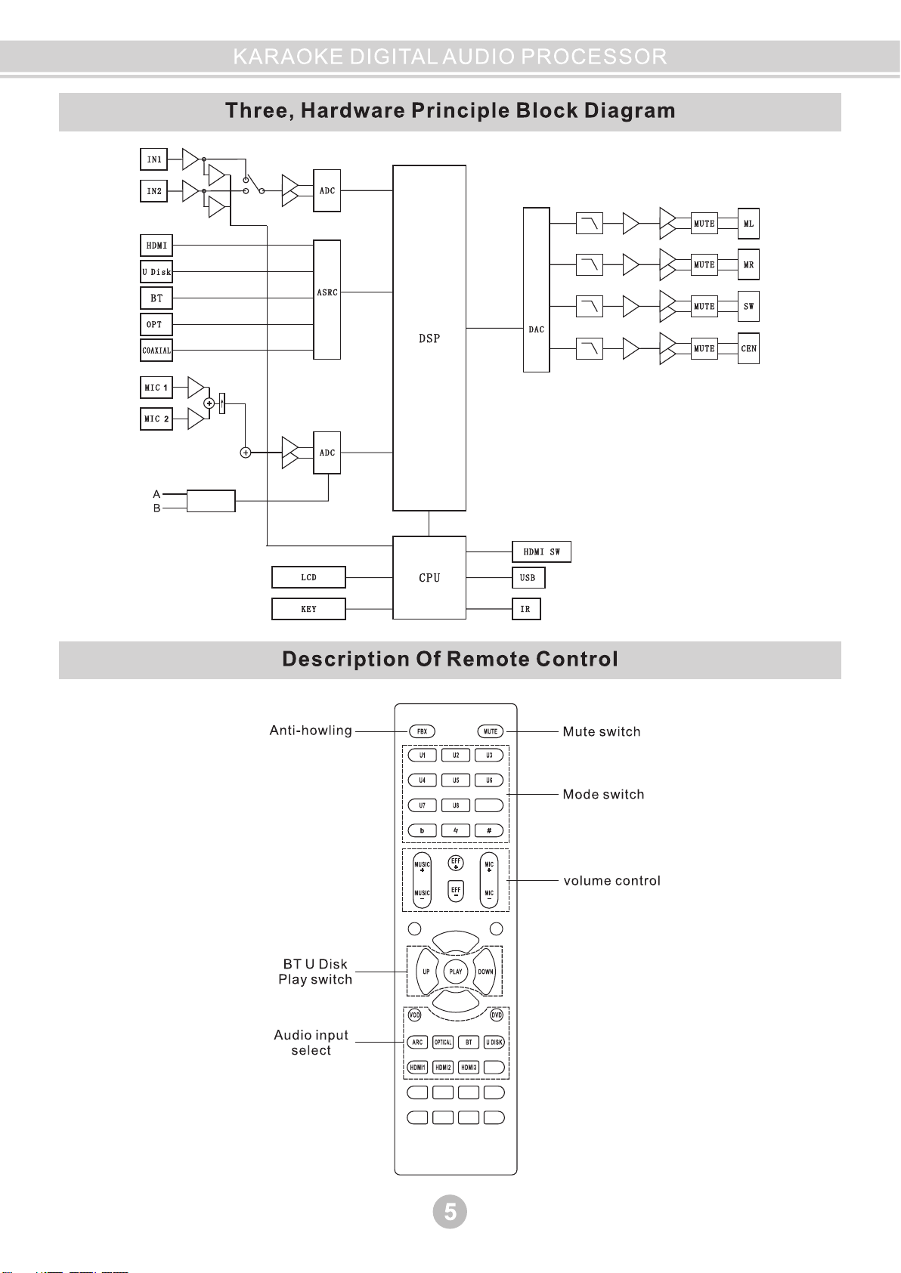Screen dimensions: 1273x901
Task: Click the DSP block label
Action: (429, 338)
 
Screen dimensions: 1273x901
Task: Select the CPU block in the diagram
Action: (429, 578)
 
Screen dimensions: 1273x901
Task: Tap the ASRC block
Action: (327, 292)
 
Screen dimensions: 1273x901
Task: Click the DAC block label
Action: (537, 329)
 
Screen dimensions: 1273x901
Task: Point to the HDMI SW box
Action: (541, 552)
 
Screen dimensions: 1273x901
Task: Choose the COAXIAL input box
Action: (156, 351)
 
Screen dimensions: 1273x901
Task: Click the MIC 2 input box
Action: (156, 419)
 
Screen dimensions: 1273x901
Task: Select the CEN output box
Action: (748, 348)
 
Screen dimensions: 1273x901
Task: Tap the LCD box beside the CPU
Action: (308, 577)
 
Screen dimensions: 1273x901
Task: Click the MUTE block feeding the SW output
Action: (704, 307)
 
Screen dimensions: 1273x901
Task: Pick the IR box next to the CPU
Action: (526, 609)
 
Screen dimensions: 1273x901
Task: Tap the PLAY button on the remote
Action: (456, 972)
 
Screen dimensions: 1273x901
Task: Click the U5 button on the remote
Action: (456, 780)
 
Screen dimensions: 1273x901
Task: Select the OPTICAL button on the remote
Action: (443, 1043)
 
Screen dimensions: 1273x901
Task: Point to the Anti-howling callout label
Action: (311, 731)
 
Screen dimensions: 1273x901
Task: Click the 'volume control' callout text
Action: (612, 881)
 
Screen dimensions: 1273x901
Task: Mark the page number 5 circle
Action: (450, 1212)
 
